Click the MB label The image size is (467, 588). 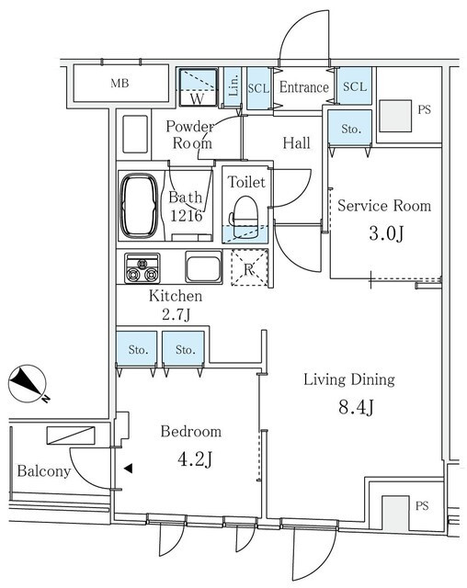coord(120,83)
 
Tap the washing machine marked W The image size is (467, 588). coord(198,88)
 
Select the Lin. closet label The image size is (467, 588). coord(233,85)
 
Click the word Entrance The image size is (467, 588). coord(304,87)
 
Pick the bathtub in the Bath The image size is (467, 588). coord(139,205)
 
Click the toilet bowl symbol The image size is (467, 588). coord(245,217)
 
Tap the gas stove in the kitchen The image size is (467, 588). coord(142,268)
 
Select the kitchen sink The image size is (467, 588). coord(204,266)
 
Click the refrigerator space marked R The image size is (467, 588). coord(249,267)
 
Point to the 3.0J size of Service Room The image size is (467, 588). coord(386,233)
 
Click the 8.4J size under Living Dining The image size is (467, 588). coord(356,407)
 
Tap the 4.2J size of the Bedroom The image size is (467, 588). coord(195,459)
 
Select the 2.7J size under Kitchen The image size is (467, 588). coord(177,314)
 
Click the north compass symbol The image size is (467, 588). coord(28,385)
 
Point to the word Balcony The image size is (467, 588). coord(44,471)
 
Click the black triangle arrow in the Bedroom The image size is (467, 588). coord(129,468)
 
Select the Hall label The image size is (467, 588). coord(296,143)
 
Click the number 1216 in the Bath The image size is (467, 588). coord(187,216)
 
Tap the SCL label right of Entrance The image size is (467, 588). coord(355,86)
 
